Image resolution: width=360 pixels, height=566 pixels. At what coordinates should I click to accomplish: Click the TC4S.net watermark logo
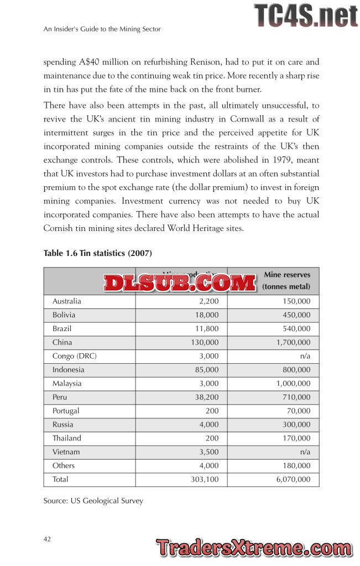(x=306, y=15)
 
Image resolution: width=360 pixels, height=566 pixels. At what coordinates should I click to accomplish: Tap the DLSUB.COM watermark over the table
(x=180, y=282)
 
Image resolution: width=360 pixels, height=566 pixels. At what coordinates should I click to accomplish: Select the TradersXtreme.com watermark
(x=254, y=548)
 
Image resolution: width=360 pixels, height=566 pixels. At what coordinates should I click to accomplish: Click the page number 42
(x=47, y=539)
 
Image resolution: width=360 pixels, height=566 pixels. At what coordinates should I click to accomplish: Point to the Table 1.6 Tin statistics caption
(x=97, y=253)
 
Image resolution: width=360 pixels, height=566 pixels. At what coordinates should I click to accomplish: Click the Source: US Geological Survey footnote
(x=93, y=501)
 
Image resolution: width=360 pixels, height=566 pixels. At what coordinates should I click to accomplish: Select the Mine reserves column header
(x=286, y=280)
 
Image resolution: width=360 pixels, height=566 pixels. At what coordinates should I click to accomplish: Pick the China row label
(x=62, y=343)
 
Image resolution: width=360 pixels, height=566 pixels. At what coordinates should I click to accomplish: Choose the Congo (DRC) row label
(x=71, y=356)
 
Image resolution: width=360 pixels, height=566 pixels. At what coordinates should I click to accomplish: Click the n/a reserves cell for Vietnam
(x=305, y=452)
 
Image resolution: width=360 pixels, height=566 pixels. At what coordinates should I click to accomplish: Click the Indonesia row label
(x=68, y=370)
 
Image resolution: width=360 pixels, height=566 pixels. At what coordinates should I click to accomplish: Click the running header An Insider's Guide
(x=102, y=29)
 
